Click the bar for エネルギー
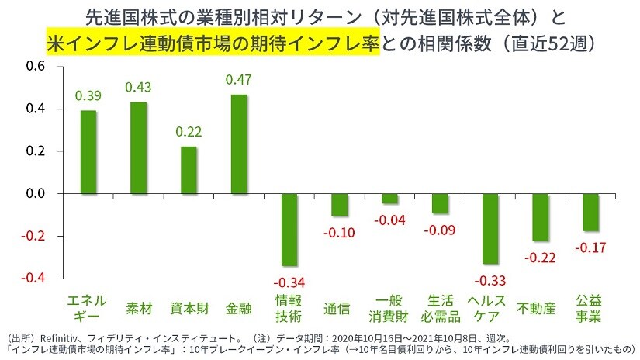point(88,152)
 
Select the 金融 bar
point(239,144)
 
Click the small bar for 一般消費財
point(389,198)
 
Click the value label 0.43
point(138,87)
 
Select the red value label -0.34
point(289,281)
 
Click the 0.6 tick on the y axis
point(36,67)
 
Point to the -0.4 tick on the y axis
point(33,278)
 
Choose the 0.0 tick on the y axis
point(36,193)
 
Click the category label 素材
point(139,308)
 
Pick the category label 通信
point(338,308)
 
